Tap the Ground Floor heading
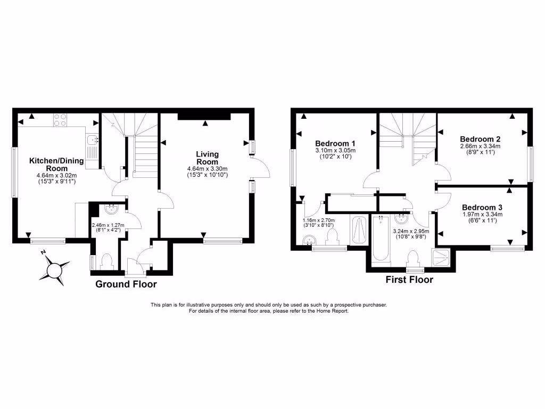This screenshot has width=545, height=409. click(126, 284)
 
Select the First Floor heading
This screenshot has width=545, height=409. click(409, 280)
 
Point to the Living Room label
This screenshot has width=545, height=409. click(208, 158)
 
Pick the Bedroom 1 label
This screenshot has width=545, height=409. click(335, 144)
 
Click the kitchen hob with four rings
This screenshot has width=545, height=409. click(60, 120)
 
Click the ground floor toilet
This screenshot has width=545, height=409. click(106, 261)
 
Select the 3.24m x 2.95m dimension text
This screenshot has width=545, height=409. click(410, 232)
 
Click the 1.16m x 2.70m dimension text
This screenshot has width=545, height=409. click(319, 220)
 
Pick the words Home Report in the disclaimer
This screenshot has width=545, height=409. click(333, 310)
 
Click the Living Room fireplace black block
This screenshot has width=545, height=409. click(204, 116)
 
